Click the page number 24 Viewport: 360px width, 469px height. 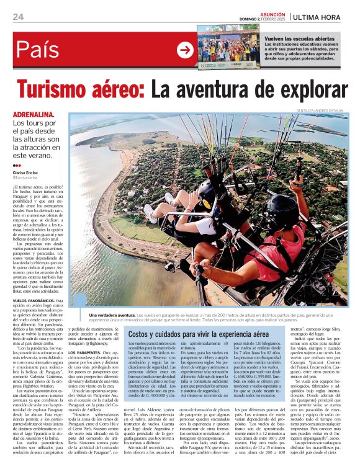tap(18, 17)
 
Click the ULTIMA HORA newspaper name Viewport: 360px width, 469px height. tap(320, 17)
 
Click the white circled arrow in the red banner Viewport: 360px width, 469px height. tap(185, 50)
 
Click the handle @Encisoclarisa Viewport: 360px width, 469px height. tap(27, 178)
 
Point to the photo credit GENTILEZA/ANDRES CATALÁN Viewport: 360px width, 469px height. tap(321, 110)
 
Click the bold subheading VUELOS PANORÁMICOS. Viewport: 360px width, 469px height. tap(34, 300)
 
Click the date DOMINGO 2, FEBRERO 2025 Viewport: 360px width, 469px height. tap(263, 19)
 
